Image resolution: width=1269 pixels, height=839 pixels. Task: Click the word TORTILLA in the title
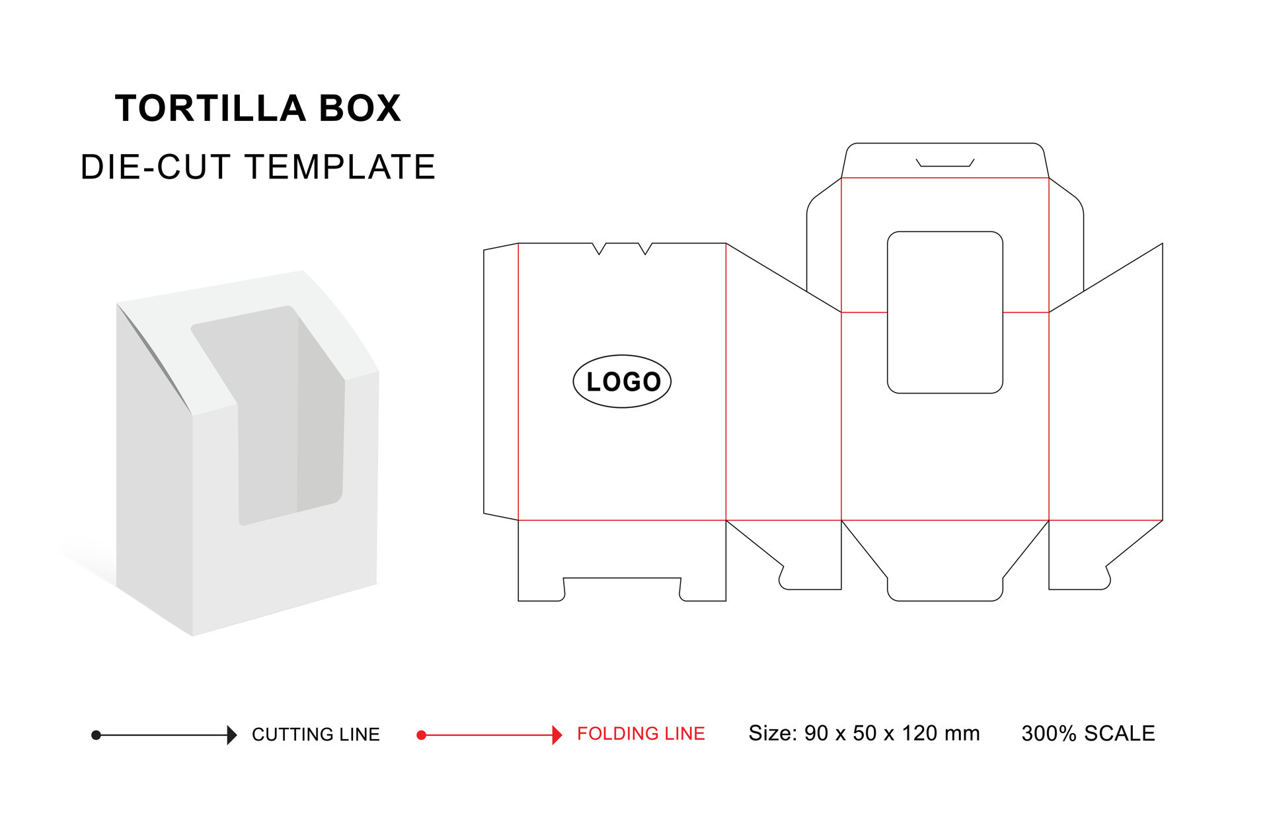pyautogui.click(x=210, y=108)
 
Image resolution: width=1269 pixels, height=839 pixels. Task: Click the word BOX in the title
pyautogui.click(x=360, y=108)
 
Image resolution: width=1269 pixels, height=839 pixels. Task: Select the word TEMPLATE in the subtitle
pyautogui.click(x=340, y=167)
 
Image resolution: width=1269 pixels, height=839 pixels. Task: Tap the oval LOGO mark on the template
pyautogui.click(x=621, y=381)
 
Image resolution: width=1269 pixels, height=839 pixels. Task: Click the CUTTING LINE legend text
pyautogui.click(x=315, y=735)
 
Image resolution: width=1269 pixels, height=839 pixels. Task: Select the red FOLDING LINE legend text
pyautogui.click(x=640, y=734)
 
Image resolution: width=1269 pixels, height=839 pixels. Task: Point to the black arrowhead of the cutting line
pyautogui.click(x=231, y=735)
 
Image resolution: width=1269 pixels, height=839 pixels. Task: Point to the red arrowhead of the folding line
pyautogui.click(x=557, y=735)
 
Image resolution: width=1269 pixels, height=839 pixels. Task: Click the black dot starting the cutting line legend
pyautogui.click(x=96, y=735)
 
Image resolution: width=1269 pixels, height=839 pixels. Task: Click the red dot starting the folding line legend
pyautogui.click(x=421, y=735)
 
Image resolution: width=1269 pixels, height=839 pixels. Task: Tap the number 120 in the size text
pyautogui.click(x=920, y=733)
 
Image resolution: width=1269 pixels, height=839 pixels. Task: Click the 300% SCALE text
pyautogui.click(x=1087, y=733)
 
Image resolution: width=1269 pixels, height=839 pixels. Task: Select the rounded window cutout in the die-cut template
pyautogui.click(x=944, y=312)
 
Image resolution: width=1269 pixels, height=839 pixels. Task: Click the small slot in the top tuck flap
pyautogui.click(x=944, y=163)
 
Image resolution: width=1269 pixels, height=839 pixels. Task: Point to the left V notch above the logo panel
pyautogui.click(x=599, y=249)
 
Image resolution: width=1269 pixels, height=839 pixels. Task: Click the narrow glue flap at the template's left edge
pyautogui.click(x=501, y=381)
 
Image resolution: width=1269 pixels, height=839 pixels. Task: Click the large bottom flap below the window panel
pyautogui.click(x=944, y=562)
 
